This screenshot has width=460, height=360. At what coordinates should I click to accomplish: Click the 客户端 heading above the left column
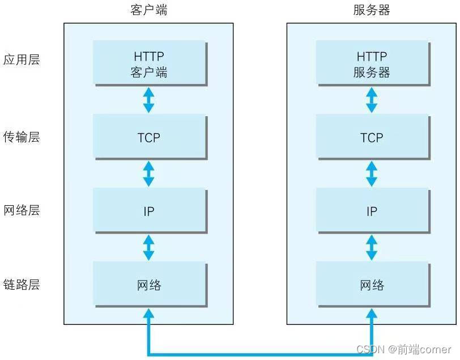(x=148, y=10)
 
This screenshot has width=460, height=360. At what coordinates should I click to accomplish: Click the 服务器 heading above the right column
(x=372, y=10)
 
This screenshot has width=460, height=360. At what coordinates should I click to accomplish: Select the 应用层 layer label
(x=22, y=60)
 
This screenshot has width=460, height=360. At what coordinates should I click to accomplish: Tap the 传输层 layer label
(x=22, y=137)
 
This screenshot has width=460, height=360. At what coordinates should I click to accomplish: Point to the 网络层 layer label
(x=22, y=210)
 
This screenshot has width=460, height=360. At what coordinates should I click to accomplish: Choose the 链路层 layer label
(x=22, y=284)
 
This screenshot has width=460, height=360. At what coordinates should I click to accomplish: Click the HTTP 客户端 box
(x=150, y=64)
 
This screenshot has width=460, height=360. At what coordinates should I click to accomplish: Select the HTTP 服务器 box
(x=372, y=64)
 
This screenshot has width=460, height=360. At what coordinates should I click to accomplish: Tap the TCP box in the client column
(x=150, y=137)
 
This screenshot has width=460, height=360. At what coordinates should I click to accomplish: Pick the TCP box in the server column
(x=372, y=137)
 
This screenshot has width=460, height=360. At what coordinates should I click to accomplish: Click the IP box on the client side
(x=150, y=211)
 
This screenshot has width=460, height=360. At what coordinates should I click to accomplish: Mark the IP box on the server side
(x=372, y=211)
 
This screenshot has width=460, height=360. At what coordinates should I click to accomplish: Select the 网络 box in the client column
(x=150, y=285)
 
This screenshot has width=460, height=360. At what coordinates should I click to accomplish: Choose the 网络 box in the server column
(x=372, y=285)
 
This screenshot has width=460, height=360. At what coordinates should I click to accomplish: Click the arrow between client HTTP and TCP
(x=148, y=100)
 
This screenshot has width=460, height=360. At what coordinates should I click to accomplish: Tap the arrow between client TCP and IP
(x=148, y=173)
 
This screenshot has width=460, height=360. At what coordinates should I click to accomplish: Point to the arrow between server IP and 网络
(x=372, y=247)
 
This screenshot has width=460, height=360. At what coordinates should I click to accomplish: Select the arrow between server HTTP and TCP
(x=372, y=100)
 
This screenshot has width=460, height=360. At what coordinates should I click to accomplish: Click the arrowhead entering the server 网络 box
(x=372, y=314)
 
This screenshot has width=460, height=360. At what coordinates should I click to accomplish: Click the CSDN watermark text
(x=404, y=349)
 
